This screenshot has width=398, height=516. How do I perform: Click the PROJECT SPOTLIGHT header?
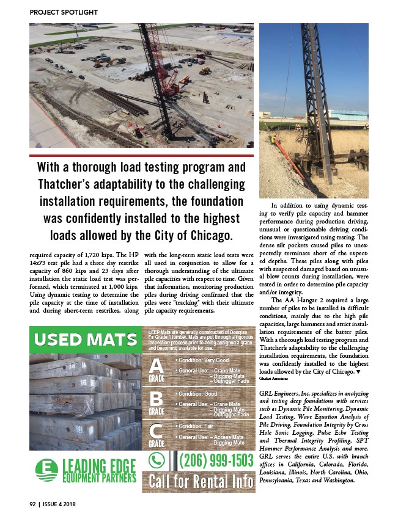pos(64,12)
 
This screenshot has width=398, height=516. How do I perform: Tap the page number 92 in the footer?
pos(34,504)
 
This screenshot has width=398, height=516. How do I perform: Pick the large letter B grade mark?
pos(157,399)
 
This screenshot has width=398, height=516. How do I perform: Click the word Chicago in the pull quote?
pos(208,235)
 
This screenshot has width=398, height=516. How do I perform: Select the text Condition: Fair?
pos(195,426)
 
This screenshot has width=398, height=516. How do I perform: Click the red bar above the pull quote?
pos(141,156)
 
